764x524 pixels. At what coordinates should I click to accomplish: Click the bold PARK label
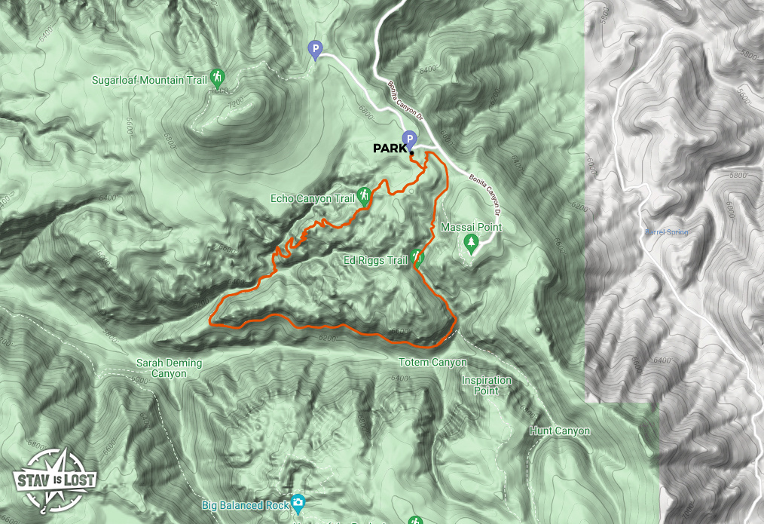coord(390,149)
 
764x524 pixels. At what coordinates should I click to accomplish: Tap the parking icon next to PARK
coord(409,138)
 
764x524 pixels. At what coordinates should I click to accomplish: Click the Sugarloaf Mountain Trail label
coord(148,79)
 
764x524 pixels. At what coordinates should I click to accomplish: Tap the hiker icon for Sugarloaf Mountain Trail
coord(217,77)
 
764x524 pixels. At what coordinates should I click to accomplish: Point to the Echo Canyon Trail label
coord(312,199)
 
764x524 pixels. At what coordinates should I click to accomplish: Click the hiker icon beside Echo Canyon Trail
coord(364,196)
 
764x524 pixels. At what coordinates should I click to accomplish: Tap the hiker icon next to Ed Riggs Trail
coord(417,258)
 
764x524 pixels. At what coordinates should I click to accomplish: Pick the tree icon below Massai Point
coord(472,243)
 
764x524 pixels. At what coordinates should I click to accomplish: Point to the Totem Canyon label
coord(432,363)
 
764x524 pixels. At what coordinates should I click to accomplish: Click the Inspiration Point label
coord(486,385)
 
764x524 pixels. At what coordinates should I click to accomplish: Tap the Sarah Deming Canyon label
coord(169,368)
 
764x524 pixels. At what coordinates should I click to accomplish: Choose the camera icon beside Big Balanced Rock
coord(299,502)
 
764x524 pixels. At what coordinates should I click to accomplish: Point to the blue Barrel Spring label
coord(666,231)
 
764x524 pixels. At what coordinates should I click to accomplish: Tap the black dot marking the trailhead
coord(412,154)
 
